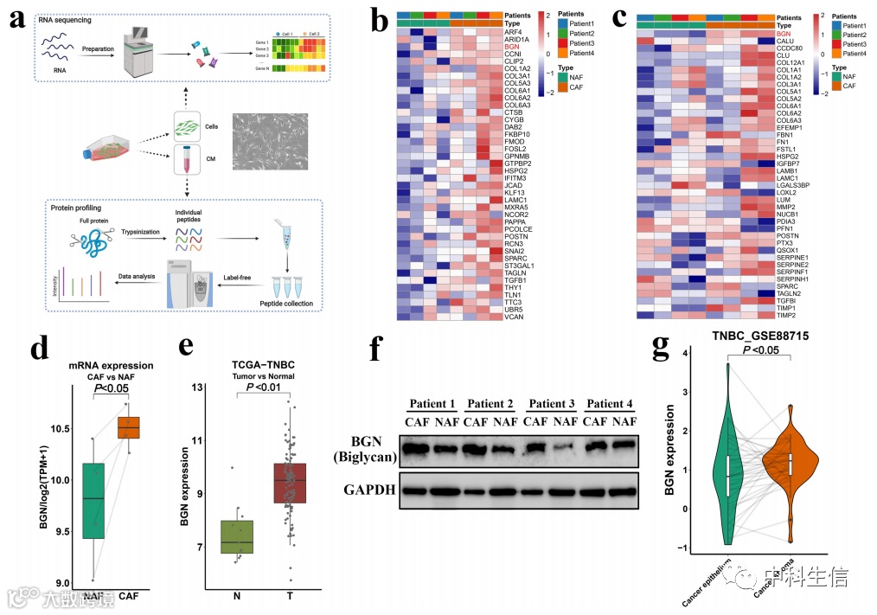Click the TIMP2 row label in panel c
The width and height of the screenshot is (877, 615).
click(x=787, y=317)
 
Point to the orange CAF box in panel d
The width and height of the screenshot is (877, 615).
click(x=128, y=427)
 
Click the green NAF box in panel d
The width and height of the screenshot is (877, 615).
click(x=93, y=501)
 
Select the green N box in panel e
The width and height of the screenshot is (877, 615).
click(x=237, y=541)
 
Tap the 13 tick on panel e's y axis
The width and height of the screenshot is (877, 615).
click(x=198, y=387)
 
